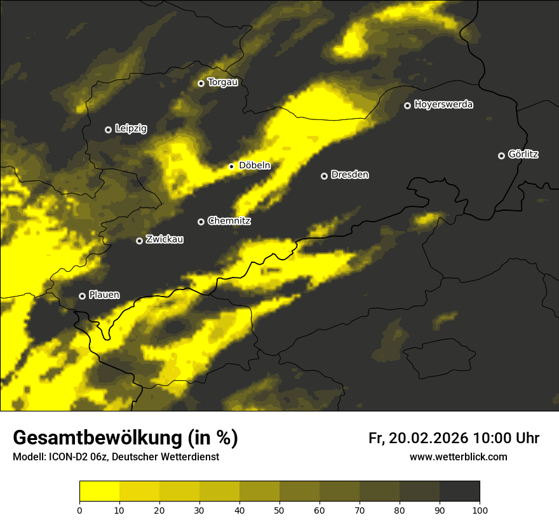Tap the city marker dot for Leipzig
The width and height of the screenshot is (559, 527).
[108, 130]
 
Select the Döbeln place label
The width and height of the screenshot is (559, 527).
[254, 166]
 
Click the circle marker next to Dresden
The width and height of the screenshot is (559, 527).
[324, 176]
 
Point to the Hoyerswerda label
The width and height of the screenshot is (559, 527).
[443, 105]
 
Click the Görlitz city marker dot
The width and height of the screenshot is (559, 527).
[501, 156]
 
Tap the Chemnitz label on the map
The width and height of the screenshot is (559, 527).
[229, 221]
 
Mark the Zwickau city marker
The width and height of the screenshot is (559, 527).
[140, 241]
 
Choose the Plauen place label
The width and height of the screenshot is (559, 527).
[104, 295]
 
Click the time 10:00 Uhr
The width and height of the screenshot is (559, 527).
[506, 438]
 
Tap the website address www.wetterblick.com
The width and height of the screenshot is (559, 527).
[459, 457]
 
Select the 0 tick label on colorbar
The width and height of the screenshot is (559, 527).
[79, 510]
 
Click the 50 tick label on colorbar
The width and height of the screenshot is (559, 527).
[279, 510]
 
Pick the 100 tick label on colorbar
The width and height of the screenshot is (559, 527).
[480, 510]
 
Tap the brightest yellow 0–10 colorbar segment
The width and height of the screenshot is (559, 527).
[99, 491]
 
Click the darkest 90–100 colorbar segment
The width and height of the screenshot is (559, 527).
[459, 491]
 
